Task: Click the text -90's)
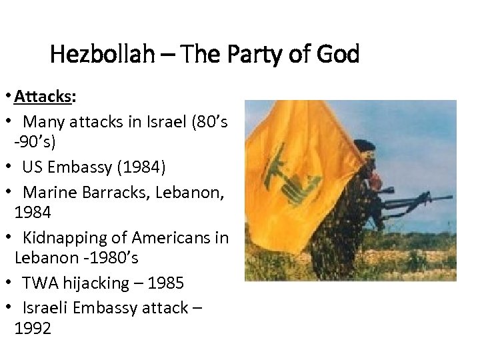35,142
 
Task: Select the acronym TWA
40,283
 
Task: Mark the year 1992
33,329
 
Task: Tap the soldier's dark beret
365,145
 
